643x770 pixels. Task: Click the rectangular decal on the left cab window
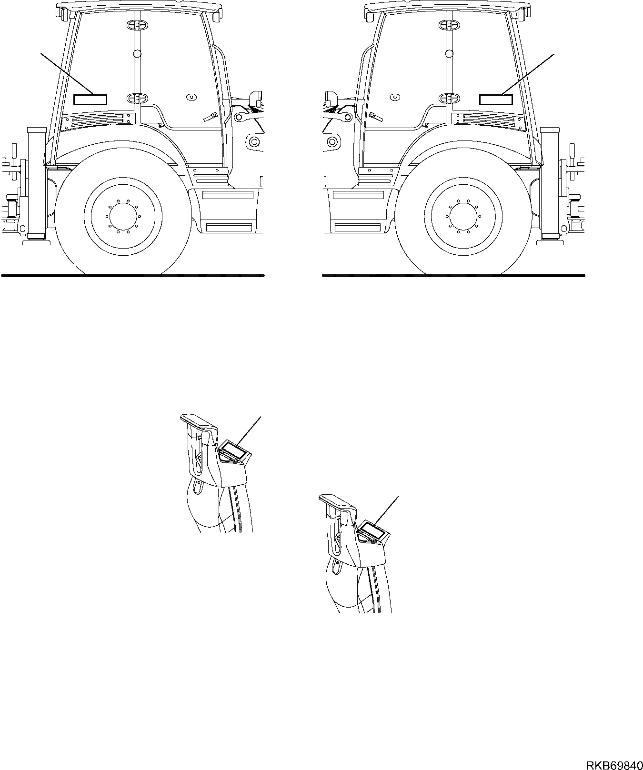click(90, 100)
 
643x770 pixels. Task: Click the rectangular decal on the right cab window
click(495, 100)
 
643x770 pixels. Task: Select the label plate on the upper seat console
click(233, 450)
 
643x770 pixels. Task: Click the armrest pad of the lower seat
click(336, 502)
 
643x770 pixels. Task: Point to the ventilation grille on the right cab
click(493, 121)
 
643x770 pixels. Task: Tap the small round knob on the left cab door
click(191, 97)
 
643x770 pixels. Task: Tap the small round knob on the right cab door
click(394, 97)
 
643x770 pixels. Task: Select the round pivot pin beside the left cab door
click(253, 141)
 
